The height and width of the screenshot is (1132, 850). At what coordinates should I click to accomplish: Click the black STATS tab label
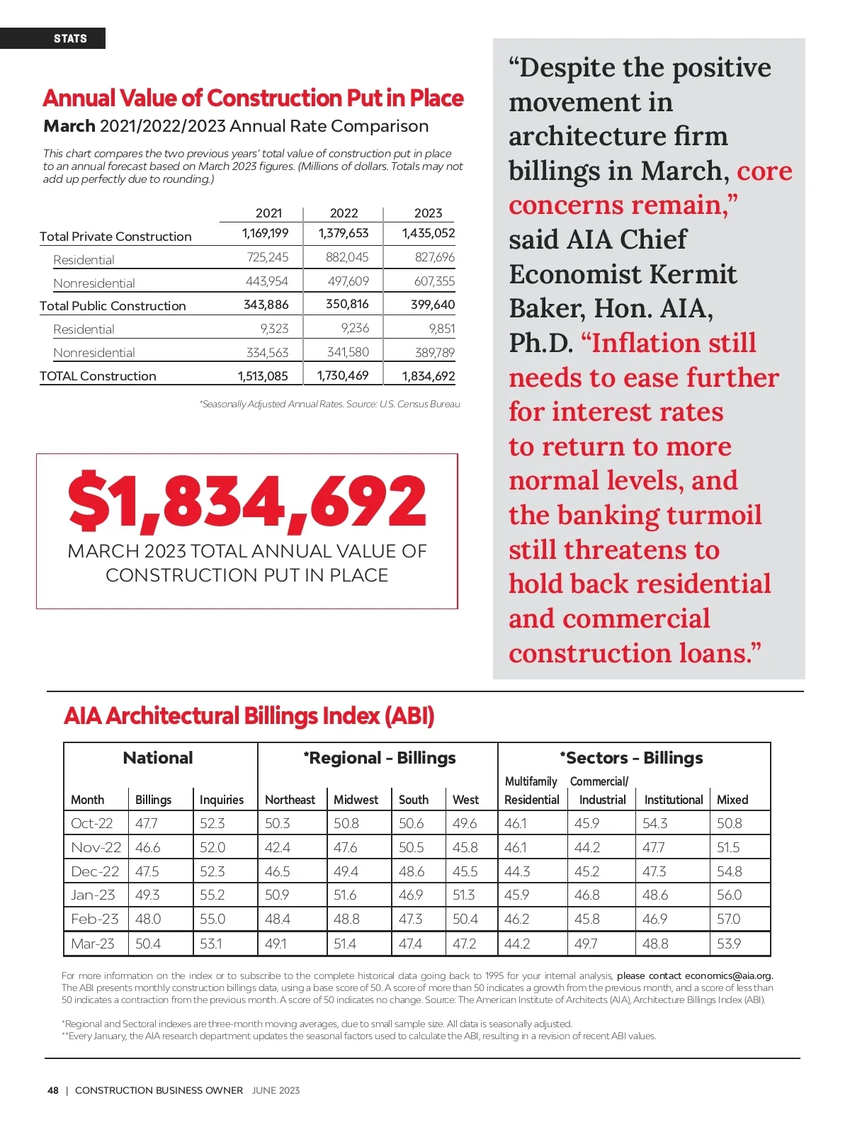coord(70,38)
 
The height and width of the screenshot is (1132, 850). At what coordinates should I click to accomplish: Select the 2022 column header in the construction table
coord(344,213)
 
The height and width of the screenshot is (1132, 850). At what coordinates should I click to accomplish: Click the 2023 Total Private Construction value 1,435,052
coord(428,233)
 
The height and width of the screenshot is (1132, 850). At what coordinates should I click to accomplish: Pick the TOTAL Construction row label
coord(98,376)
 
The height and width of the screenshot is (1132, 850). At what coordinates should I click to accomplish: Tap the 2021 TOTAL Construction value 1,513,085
coord(263,376)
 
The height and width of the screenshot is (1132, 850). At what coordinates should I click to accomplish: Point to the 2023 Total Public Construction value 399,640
coord(432,305)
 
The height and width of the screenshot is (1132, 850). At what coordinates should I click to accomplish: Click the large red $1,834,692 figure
coord(247,502)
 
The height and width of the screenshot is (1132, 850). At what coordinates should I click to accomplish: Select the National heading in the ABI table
coord(158,758)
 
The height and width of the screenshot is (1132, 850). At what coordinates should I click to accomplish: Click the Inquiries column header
coord(222,800)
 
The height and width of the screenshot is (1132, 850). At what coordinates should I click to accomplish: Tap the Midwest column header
coord(356,800)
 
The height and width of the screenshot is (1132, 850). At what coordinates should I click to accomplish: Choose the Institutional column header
coord(673,800)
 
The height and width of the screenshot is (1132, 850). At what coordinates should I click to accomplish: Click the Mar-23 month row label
coord(93,944)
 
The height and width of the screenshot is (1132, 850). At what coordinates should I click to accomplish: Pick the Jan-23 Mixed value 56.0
coord(729,895)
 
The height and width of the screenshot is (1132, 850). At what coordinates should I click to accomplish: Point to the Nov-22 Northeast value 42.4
coord(278,847)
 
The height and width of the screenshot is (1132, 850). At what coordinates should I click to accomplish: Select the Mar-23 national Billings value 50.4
coord(148,944)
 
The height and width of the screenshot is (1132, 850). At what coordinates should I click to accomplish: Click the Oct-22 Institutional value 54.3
coord(654,823)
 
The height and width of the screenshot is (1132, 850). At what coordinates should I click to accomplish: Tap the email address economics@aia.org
coord(728,975)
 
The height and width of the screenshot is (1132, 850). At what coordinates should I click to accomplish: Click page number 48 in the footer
coord(53,1090)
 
